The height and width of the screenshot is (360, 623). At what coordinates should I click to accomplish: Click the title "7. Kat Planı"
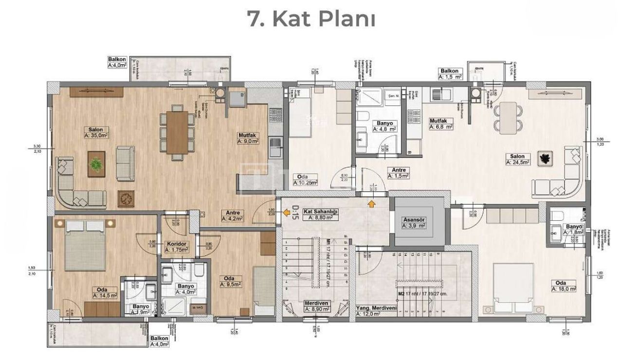[x=311, y=19]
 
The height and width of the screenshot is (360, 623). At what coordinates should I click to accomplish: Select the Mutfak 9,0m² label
[x=248, y=138]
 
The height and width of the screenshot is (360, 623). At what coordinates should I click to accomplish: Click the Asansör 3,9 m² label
[x=415, y=222]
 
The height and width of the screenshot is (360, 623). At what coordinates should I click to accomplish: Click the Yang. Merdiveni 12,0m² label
[x=375, y=311]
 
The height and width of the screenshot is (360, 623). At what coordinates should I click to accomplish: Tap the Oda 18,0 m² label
[x=564, y=286]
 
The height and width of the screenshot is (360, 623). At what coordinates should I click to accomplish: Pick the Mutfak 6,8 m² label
[x=441, y=124]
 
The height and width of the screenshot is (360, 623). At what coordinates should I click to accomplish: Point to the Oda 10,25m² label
[x=305, y=180]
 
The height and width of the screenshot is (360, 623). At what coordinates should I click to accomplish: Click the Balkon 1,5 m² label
[x=452, y=74]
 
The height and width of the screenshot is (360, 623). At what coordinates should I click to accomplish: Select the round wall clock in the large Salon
[x=126, y=198]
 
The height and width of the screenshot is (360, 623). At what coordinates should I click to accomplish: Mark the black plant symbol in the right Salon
[x=544, y=158]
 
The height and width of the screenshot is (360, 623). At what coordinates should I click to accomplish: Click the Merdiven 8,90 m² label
[x=318, y=306]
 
